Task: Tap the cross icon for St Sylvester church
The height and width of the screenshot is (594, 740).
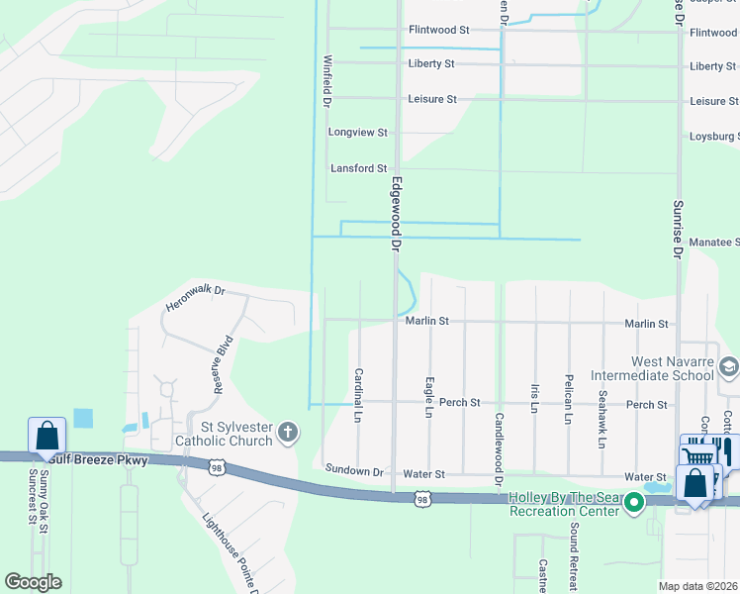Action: tap(288, 432)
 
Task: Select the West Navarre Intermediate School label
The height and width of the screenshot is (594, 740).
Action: tap(652, 368)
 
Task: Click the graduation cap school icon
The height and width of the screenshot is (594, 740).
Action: tap(728, 368)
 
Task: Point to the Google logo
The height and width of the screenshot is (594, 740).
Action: tap(33, 582)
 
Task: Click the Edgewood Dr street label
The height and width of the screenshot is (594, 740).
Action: tap(397, 212)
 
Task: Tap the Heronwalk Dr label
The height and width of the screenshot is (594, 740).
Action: tap(196, 299)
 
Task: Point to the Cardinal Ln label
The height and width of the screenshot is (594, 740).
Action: tap(358, 393)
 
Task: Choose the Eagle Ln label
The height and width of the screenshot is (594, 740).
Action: tap(429, 393)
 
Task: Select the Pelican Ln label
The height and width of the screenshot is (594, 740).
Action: tap(569, 399)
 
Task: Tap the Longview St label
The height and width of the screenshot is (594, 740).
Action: tap(358, 132)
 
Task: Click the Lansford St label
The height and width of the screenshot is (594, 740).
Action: tap(358, 168)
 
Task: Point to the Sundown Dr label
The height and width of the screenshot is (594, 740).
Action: tap(352, 472)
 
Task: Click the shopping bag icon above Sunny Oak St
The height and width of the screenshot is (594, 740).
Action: tap(46, 436)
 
